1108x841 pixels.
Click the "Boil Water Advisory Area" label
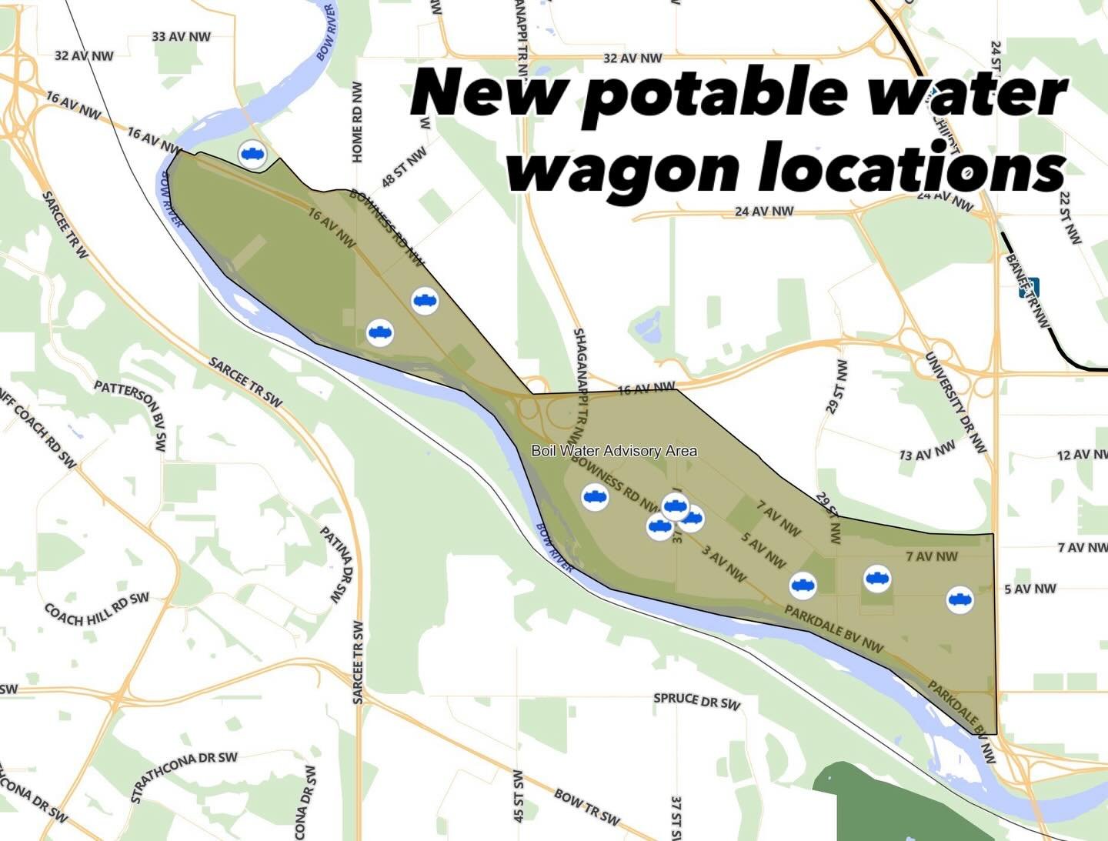(614, 450)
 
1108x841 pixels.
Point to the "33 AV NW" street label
(181, 36)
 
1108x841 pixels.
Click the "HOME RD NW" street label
(357, 122)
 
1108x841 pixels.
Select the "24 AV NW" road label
(764, 211)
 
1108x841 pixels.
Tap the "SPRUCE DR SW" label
(696, 700)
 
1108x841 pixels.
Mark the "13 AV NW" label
(927, 451)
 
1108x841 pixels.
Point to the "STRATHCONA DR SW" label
(184, 776)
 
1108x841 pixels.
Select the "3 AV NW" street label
(723, 563)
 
